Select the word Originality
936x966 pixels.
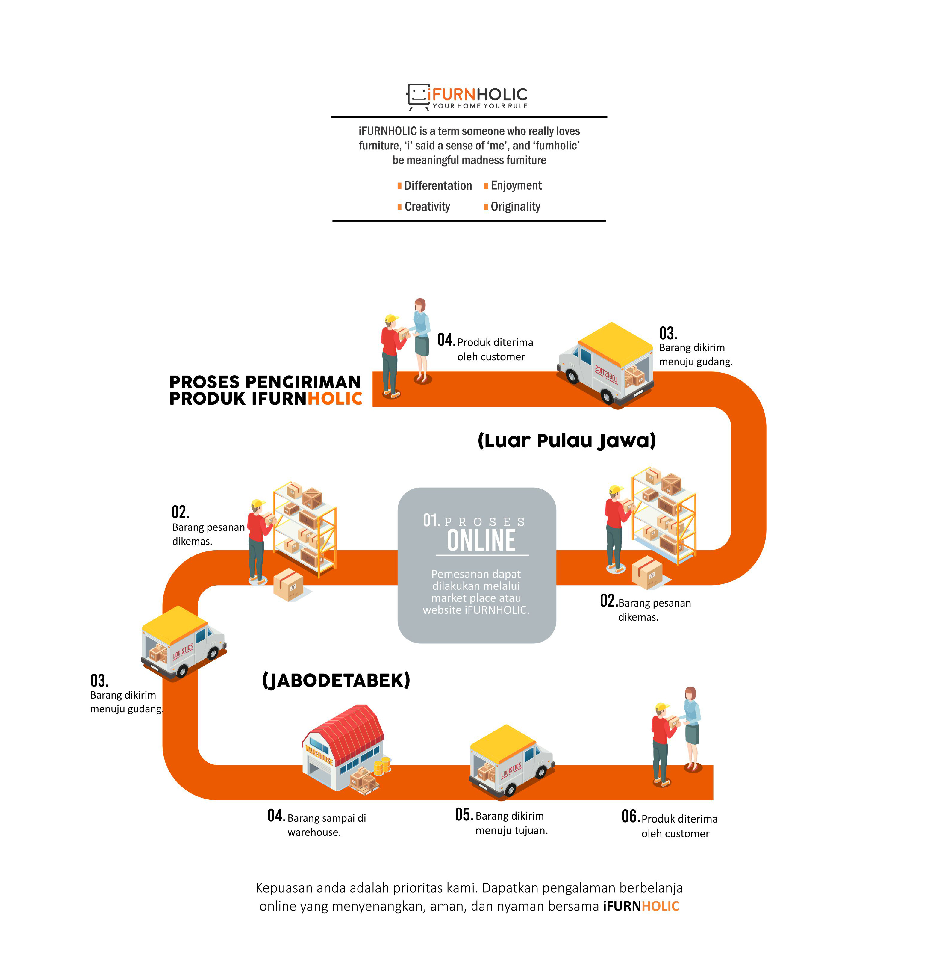pos(515,206)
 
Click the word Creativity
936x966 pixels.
pos(427,206)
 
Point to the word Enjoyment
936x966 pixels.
pos(516,186)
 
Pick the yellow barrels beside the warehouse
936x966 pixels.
pos(382,765)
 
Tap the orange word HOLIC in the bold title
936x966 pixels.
pos(335,399)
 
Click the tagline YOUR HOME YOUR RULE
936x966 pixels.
pos(480,106)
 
